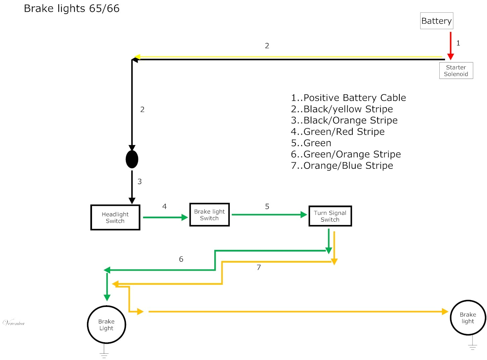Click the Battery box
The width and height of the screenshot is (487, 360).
tap(436, 21)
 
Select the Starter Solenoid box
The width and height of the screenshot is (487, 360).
tap(456, 71)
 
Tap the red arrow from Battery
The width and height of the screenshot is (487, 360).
tap(450, 45)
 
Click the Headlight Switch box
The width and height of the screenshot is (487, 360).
tap(115, 217)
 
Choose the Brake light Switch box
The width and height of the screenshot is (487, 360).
tap(209, 215)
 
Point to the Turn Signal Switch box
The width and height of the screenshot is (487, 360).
tap(330, 216)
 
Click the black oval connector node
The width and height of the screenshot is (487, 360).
tap(132, 159)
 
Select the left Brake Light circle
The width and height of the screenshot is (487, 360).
tap(106, 324)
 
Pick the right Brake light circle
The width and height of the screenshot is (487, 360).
tap(468, 318)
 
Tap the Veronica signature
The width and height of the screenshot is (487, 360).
tap(14, 323)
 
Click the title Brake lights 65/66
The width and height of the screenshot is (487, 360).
tap(72, 8)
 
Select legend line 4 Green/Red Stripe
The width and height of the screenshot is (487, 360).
tap(338, 132)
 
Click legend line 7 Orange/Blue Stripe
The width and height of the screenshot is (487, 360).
tap(342, 166)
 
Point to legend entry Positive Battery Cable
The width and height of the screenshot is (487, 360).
tap(348, 98)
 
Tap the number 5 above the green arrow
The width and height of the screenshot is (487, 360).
tap(267, 207)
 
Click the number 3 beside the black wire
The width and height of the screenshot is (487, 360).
tap(140, 182)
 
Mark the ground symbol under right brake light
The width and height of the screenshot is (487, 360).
tap(472, 347)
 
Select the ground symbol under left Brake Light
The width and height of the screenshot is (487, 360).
tap(104, 355)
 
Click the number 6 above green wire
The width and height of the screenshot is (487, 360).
tap(181, 259)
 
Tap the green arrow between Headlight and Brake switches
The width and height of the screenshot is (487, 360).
tap(165, 217)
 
